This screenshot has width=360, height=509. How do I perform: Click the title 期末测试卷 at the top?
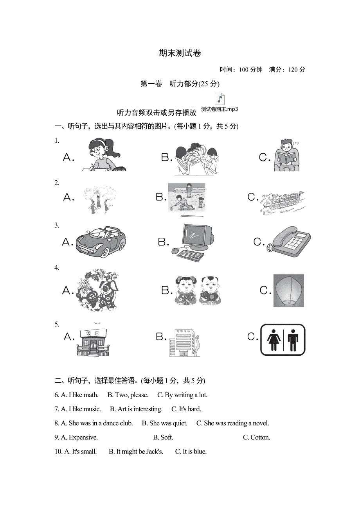click(x=180, y=53)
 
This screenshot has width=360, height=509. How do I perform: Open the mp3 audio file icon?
click(x=220, y=99)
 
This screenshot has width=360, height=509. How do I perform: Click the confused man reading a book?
click(x=286, y=156)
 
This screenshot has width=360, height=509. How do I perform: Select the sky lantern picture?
click(x=288, y=290)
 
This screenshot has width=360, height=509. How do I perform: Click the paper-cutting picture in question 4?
click(x=97, y=290)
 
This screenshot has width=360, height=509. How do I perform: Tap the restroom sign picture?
click(x=283, y=339)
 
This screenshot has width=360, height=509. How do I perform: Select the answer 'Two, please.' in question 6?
click(x=128, y=395)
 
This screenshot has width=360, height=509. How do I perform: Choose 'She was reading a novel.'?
click(x=233, y=423)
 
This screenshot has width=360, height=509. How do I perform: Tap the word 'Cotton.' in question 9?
click(x=257, y=437)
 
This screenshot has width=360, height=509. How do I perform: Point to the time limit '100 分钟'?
click(x=250, y=70)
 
